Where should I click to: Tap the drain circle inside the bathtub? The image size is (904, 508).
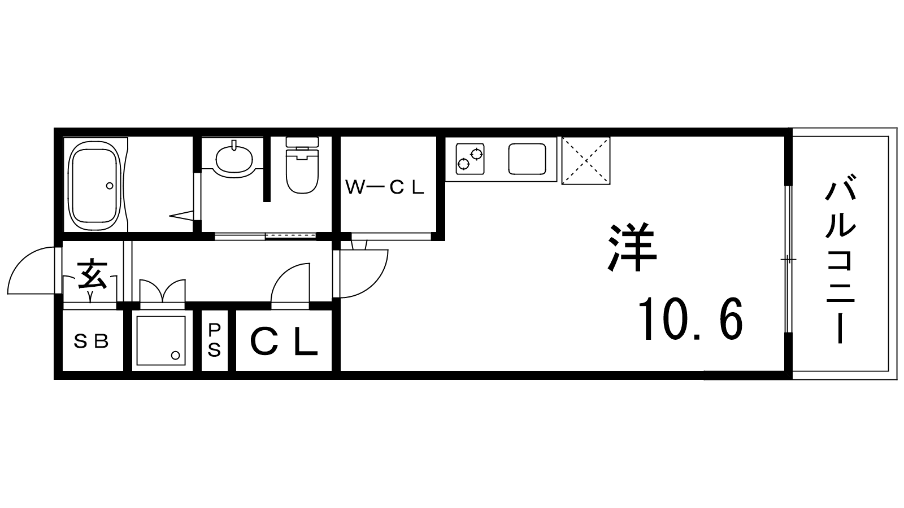(x=110, y=186)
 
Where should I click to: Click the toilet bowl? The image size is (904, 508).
(x=302, y=172)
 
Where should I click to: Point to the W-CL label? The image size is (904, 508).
(x=384, y=187)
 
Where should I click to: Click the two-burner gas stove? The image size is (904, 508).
(x=470, y=159)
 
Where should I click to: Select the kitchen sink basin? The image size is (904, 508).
(x=527, y=159)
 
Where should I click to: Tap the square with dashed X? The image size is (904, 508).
(x=585, y=160)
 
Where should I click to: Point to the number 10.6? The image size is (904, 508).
(x=690, y=319)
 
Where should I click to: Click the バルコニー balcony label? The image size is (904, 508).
(x=840, y=259)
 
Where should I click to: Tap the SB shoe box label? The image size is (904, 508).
(x=91, y=342)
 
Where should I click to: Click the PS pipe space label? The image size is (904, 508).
(x=214, y=341)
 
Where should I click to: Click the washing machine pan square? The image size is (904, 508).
(x=161, y=341)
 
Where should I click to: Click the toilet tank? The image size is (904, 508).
(x=302, y=142)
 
